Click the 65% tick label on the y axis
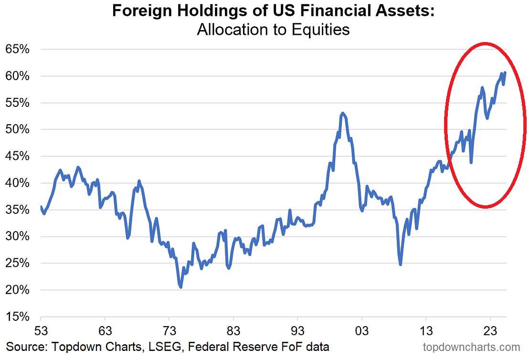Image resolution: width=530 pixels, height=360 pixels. (17, 49)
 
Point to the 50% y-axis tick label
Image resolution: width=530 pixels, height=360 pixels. (17, 129)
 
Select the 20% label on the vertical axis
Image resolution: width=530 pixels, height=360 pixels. (17, 290)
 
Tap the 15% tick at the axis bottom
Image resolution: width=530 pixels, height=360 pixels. (17, 317)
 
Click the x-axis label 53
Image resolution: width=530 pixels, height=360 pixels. (41, 330)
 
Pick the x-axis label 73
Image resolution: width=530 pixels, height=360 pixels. (170, 330)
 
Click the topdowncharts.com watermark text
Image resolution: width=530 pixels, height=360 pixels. (471, 347)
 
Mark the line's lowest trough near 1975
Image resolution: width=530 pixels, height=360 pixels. (180, 287)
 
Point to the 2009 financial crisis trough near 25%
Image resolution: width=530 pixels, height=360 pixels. (400, 264)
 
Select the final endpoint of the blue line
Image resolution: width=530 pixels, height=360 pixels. (505, 73)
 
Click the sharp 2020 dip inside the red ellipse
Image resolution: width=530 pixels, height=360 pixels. (471, 162)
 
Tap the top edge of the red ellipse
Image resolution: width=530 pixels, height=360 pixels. (485, 43)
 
